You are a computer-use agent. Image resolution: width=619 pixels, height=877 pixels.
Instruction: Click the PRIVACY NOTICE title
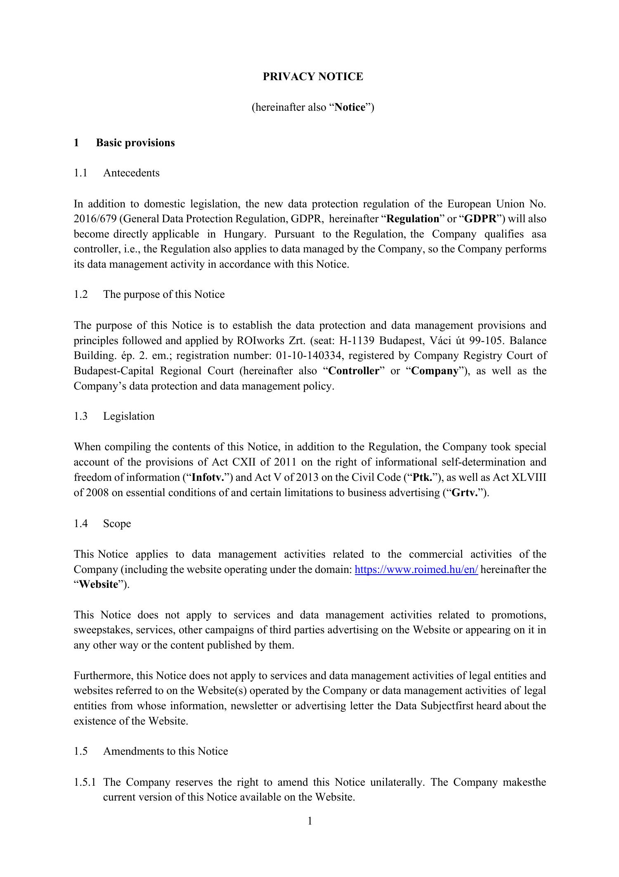tap(313, 77)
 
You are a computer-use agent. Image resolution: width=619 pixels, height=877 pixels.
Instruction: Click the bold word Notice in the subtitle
tap(350, 107)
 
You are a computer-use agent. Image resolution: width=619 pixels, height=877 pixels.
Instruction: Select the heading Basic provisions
tap(135, 143)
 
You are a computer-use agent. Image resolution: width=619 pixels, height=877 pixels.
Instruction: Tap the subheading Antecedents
tap(131, 173)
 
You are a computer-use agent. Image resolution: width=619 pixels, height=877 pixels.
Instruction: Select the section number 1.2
tap(81, 295)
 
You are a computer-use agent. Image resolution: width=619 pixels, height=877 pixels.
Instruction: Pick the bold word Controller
tap(354, 371)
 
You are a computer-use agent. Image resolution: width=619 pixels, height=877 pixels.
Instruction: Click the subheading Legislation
tap(129, 416)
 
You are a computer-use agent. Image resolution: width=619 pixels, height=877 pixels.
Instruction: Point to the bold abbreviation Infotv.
tap(208, 478)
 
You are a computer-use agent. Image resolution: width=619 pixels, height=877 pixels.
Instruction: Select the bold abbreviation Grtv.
tap(465, 493)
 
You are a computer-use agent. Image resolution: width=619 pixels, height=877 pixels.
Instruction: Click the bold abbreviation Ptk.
tap(422, 478)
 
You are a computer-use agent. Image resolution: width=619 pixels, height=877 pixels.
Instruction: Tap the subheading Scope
tap(117, 523)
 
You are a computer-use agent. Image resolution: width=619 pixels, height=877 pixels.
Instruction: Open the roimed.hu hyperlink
tap(416, 570)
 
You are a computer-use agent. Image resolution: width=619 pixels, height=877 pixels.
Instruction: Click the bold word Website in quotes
tap(99, 585)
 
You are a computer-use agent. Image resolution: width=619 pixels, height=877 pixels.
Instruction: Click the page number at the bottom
tap(310, 821)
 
